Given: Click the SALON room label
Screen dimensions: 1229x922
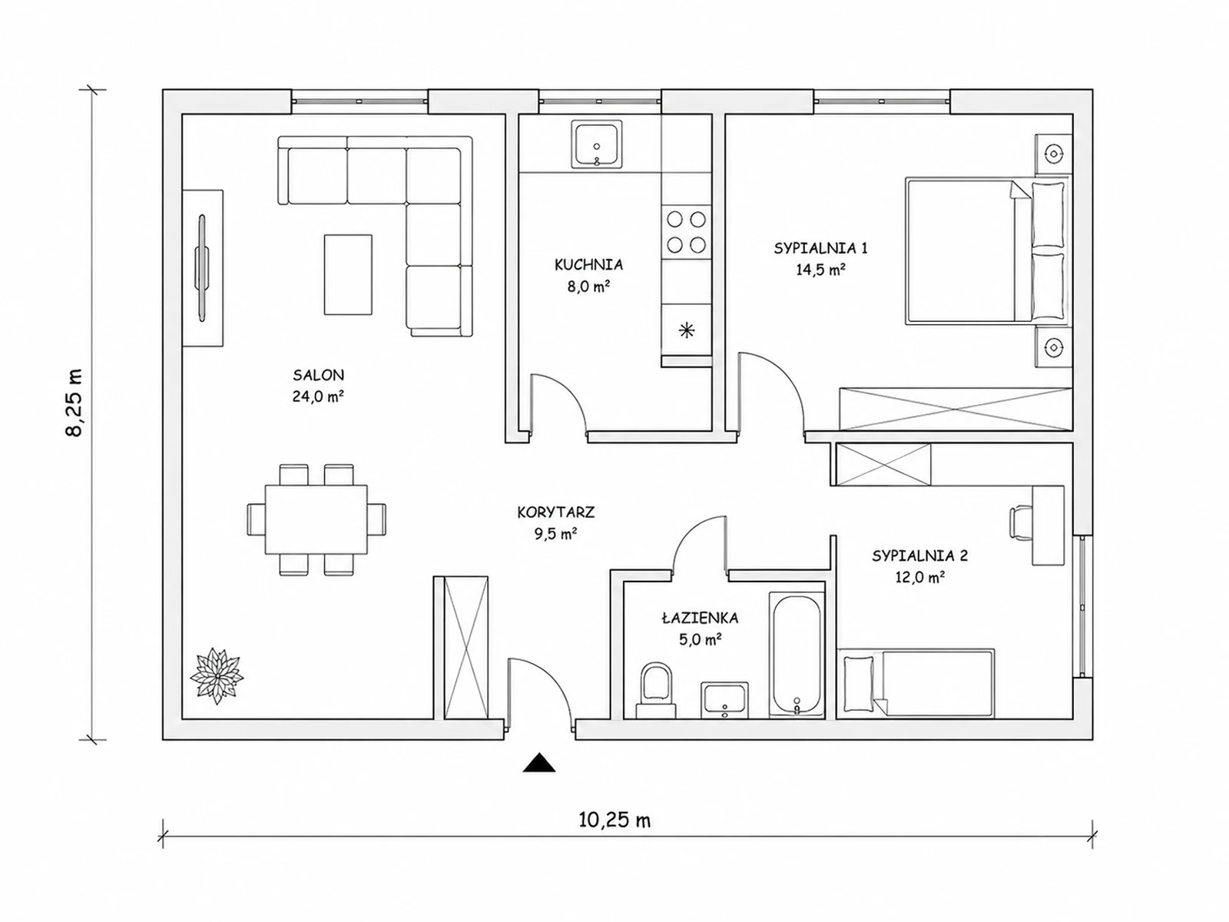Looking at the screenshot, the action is (x=318, y=374).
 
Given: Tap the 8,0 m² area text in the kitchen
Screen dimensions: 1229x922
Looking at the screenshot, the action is (x=588, y=287).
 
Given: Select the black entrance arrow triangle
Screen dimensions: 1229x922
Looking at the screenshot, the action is (x=538, y=762).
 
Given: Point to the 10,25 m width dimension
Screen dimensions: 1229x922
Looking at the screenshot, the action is (x=614, y=820).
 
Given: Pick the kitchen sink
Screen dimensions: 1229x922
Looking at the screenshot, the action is (x=596, y=144).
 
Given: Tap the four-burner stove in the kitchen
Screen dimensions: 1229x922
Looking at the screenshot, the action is (x=686, y=232).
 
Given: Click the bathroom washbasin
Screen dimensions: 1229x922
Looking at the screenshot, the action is (x=724, y=700).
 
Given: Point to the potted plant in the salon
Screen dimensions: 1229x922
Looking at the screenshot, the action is (x=217, y=675).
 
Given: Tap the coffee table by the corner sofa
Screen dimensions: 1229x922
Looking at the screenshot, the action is (x=348, y=274).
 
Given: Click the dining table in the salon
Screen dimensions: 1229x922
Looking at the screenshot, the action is (x=316, y=519).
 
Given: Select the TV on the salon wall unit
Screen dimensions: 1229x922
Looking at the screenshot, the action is (x=201, y=269).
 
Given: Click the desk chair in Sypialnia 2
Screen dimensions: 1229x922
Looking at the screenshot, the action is (x=1022, y=523).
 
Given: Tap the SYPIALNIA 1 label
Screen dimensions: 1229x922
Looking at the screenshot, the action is (x=821, y=248).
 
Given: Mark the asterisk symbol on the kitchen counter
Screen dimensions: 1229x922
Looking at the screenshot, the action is (x=687, y=331).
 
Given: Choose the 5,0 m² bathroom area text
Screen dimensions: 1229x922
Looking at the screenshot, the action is (x=700, y=639).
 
